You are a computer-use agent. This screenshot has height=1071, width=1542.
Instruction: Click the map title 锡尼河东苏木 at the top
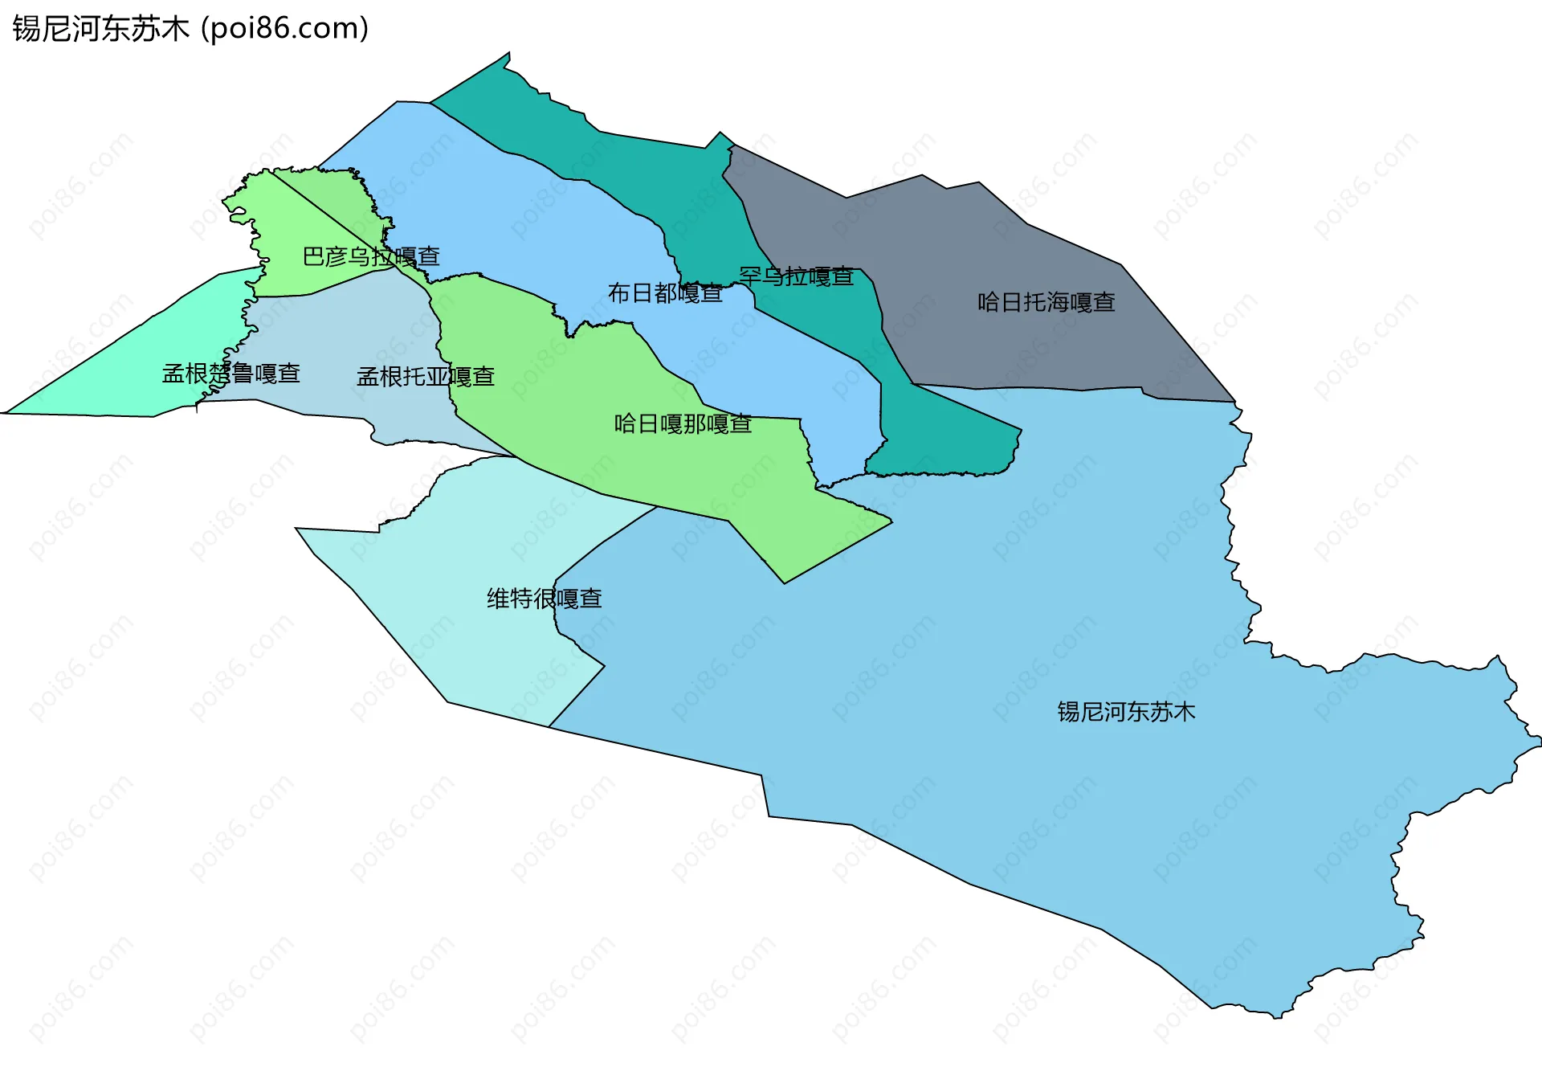(100, 29)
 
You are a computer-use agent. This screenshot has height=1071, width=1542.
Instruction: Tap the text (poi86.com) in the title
(285, 29)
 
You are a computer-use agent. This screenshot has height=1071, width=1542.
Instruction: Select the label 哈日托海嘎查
(1046, 302)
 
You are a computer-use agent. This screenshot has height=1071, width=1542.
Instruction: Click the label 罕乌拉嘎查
(796, 276)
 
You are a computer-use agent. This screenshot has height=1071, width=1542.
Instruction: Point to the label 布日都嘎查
(665, 293)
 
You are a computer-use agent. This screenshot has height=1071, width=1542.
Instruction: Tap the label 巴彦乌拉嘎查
(371, 256)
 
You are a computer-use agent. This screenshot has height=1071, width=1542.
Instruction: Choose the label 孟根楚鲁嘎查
(231, 374)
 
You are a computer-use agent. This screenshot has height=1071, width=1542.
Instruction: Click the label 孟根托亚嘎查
(425, 376)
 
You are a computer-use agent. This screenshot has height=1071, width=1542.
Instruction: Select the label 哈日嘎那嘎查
(683, 423)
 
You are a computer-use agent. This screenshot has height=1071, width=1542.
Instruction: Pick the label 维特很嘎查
(544, 599)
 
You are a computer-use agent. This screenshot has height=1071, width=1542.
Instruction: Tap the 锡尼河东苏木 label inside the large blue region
(1126, 712)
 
